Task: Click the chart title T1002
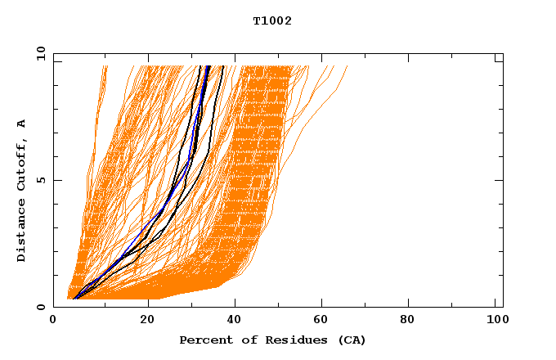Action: click(272, 20)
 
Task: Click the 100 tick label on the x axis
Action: click(495, 321)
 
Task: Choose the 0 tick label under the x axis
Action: click(53, 321)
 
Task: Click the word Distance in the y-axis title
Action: click(21, 232)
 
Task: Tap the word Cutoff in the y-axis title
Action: click(21, 168)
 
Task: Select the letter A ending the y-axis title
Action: click(21, 124)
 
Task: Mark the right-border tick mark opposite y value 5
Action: click(499, 180)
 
